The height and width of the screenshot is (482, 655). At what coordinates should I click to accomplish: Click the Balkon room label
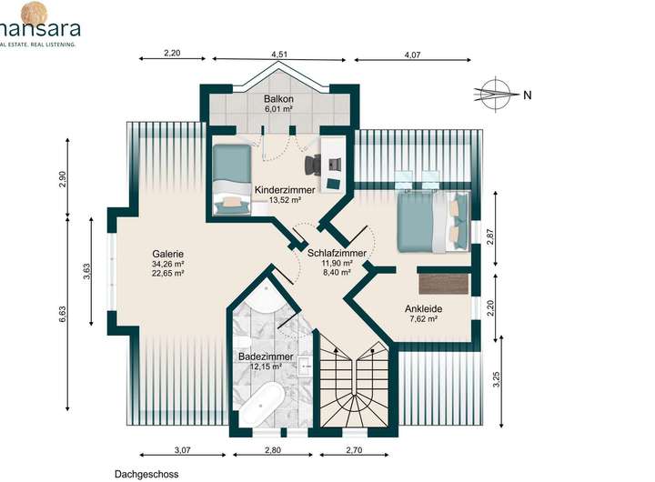278,99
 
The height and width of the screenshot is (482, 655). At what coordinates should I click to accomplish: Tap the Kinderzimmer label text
285,190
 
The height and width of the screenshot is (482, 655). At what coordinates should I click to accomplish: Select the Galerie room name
168,254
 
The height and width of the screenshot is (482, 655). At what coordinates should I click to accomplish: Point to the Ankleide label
423,309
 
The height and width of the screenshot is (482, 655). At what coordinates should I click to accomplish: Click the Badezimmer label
266,356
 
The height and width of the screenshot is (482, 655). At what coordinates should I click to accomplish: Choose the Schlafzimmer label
337,253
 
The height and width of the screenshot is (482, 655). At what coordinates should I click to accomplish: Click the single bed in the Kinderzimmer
231,179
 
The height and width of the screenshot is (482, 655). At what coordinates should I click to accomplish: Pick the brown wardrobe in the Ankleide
444,285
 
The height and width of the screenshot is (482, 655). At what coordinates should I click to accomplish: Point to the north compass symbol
495,95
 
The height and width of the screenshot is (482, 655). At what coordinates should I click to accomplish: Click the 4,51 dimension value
279,54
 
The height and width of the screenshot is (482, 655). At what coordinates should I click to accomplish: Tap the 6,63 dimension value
63,314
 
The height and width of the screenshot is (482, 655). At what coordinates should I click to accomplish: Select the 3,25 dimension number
497,379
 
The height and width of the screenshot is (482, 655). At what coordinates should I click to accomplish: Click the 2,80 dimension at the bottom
272,450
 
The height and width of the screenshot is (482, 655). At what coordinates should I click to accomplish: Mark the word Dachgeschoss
146,475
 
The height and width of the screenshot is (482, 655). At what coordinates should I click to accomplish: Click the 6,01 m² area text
277,109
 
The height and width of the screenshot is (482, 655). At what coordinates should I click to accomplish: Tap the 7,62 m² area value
424,319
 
